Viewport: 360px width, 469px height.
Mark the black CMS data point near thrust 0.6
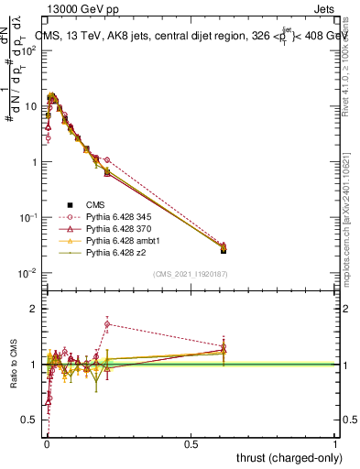pyautogui.click(x=224, y=250)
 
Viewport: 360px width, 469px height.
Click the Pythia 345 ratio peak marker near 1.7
pyautogui.click(x=107, y=324)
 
